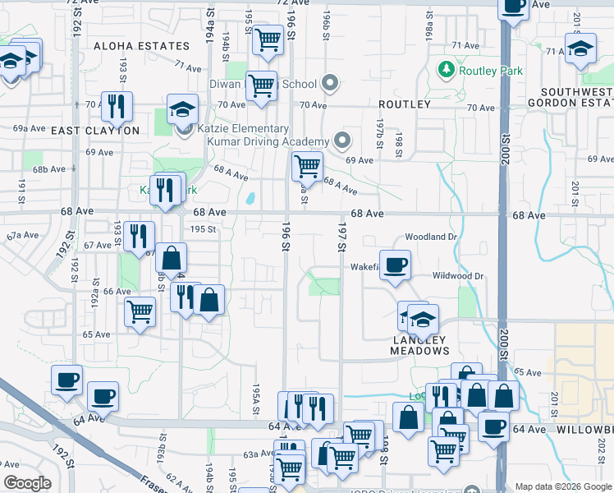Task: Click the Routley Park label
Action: [x=491, y=71]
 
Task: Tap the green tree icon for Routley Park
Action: [x=447, y=70]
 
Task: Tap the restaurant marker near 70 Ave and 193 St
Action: [x=116, y=105]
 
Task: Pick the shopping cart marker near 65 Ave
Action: [x=140, y=311]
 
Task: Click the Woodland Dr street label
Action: [x=430, y=237]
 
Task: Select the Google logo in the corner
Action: [x=27, y=483]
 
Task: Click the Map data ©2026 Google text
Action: [x=563, y=486]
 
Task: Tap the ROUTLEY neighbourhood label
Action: [x=405, y=104]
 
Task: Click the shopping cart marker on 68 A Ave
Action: [x=307, y=165]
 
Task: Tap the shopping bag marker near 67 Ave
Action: [x=172, y=258]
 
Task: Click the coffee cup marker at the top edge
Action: [x=515, y=7]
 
